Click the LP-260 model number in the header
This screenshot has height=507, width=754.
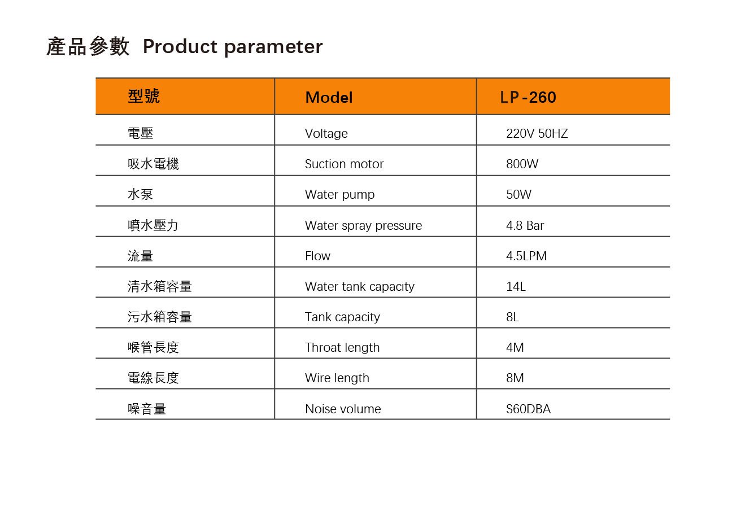[528, 97]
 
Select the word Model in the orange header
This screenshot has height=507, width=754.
[329, 98]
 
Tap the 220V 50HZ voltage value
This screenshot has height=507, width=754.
[537, 134]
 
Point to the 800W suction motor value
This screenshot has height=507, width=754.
[522, 164]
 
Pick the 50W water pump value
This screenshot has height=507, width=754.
[518, 194]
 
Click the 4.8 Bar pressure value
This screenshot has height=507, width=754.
[525, 225]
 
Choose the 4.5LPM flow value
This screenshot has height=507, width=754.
[526, 256]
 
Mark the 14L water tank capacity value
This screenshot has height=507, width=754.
[516, 287]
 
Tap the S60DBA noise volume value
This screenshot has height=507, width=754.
[528, 409]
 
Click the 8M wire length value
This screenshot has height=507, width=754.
[515, 378]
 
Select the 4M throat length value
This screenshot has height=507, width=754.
[515, 348]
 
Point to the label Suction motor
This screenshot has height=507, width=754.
[344, 164]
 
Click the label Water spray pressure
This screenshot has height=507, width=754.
[363, 226]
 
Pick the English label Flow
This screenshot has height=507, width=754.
[317, 256]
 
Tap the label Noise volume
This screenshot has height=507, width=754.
[343, 409]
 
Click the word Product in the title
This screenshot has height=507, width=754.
[180, 46]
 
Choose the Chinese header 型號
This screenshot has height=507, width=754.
[143, 96]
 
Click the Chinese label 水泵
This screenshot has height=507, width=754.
[140, 194]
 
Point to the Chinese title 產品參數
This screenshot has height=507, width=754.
[88, 46]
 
